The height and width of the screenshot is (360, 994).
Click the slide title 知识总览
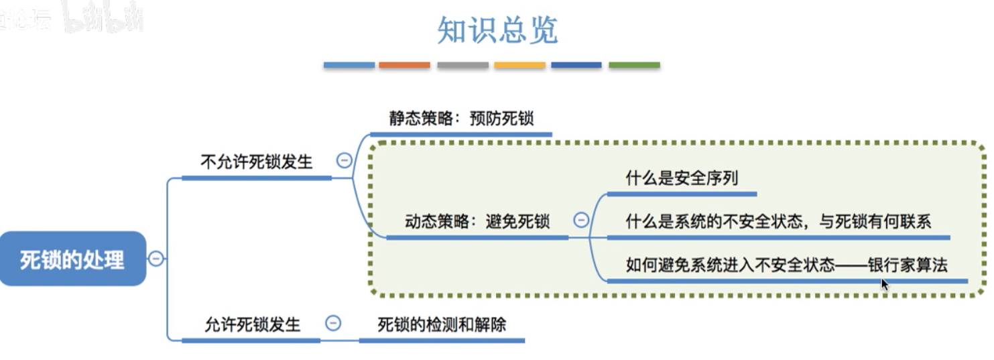click(x=497, y=30)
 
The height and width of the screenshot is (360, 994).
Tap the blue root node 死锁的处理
click(x=72, y=259)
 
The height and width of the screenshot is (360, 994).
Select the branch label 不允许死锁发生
click(x=257, y=162)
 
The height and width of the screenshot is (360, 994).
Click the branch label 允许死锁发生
click(x=253, y=325)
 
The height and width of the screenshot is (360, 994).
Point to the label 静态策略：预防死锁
click(x=462, y=118)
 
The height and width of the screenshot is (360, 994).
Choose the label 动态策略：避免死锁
click(x=478, y=221)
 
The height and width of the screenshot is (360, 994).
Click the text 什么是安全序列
click(x=682, y=178)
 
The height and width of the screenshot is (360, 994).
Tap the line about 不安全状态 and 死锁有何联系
click(x=778, y=221)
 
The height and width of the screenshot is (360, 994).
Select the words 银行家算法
click(x=908, y=265)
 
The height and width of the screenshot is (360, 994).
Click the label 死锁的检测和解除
click(x=442, y=325)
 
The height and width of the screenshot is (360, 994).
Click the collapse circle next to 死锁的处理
click(x=156, y=259)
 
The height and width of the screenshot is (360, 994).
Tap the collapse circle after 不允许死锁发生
click(x=344, y=161)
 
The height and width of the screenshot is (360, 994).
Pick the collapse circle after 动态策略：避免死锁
click(x=581, y=220)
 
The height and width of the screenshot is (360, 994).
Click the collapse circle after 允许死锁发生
click(x=333, y=324)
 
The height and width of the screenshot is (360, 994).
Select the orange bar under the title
click(x=404, y=65)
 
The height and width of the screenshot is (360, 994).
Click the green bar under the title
click(x=634, y=65)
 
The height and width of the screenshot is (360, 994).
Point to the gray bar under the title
click(x=462, y=65)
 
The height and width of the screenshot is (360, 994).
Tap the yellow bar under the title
click(x=519, y=65)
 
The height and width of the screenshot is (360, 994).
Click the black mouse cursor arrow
click(x=885, y=284)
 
